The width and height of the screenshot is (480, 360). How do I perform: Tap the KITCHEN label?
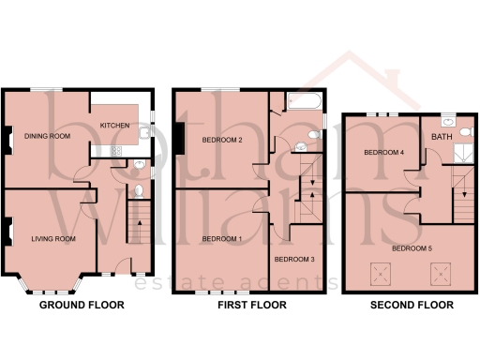tap(115, 125)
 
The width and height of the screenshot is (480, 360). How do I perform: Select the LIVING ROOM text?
tap(53, 239)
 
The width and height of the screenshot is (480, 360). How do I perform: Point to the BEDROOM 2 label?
tap(222, 141)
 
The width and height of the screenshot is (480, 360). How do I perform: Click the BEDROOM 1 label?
tap(222, 238)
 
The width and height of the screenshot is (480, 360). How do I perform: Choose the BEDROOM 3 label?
tap(293, 258)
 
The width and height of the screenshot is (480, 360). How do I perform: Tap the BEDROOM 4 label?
tap(383, 152)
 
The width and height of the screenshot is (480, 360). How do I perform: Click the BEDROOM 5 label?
tap(412, 248)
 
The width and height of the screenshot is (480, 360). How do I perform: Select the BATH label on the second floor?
tap(440, 138)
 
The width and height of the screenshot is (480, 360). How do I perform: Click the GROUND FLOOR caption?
tap(82, 306)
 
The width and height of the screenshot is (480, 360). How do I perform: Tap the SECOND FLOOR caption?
tap(412, 306)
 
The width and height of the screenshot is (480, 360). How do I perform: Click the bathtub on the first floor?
tap(305, 100)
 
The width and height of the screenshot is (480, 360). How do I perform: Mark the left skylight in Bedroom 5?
tap(381, 275)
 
